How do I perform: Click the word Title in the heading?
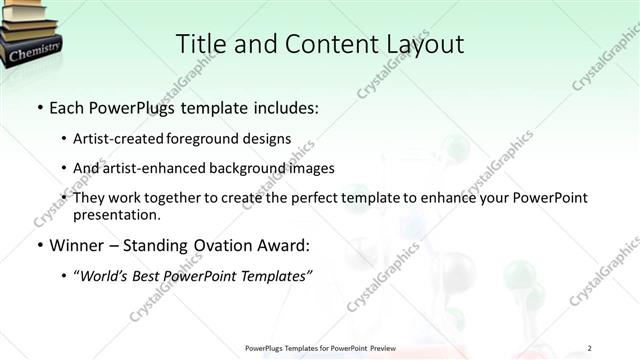201,44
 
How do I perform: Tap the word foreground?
216,138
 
